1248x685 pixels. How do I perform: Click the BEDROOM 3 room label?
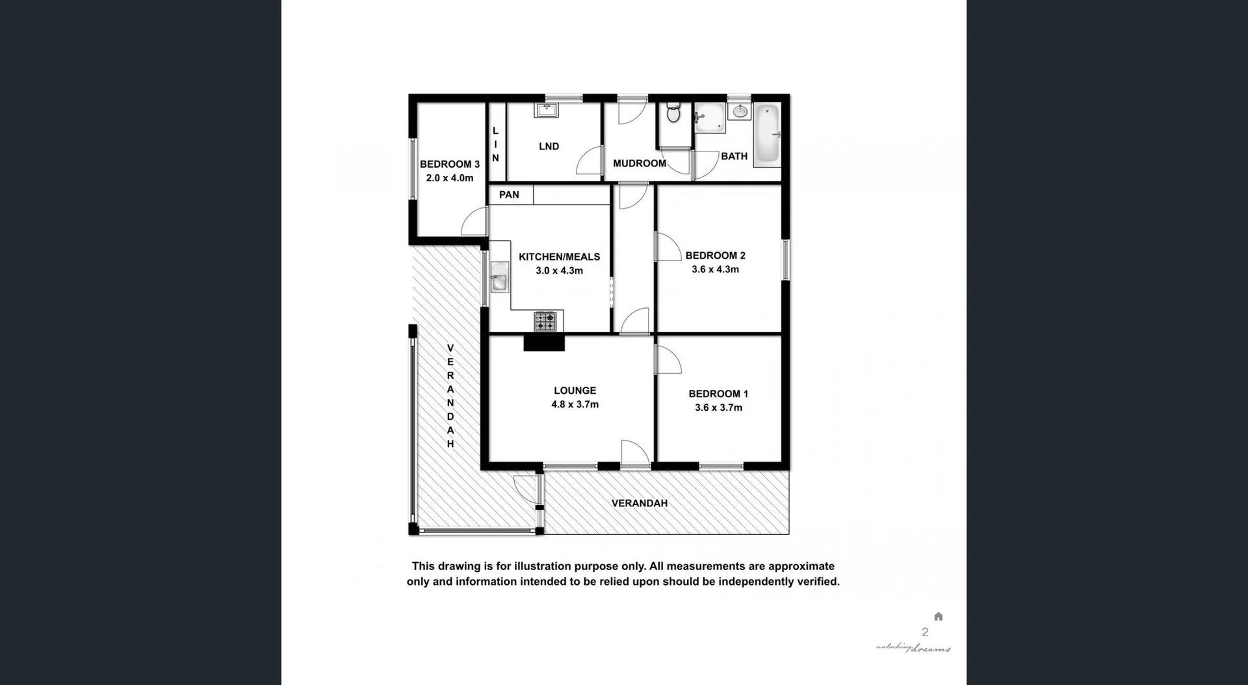449,164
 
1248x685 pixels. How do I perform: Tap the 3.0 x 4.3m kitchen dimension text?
559,270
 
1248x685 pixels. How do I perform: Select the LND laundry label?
549,146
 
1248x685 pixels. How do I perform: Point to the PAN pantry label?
509,194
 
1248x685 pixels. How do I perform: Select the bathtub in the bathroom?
767,135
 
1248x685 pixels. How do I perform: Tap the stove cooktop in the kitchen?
545,321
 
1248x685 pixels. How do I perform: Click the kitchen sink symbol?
499,277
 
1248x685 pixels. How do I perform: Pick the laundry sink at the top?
546,110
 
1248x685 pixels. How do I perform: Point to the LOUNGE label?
575,391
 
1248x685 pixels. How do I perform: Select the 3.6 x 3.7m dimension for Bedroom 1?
718,407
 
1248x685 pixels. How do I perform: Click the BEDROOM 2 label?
715,255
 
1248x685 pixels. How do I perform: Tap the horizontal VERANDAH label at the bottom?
640,503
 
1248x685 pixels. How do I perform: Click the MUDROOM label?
640,163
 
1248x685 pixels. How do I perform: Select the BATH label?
734,156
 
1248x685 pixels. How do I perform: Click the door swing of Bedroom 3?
474,222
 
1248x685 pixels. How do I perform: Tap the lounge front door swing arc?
635,453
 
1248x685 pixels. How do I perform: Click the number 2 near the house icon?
925,632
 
